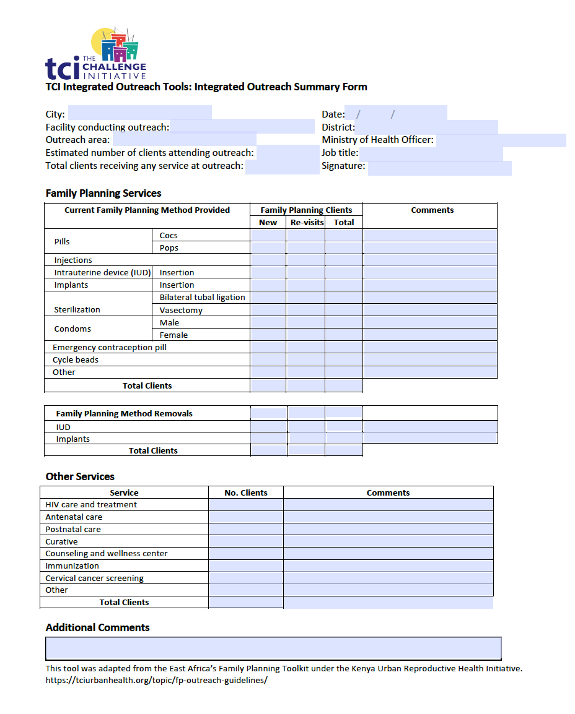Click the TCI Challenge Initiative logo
pyautogui.click(x=96, y=54)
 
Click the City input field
pyautogui.click(x=139, y=113)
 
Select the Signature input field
pyautogui.click(x=439, y=168)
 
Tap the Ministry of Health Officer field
pyautogui.click(x=501, y=140)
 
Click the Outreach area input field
pyautogui.click(x=184, y=140)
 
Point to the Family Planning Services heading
pyautogui.click(x=103, y=193)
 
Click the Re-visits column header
pyautogui.click(x=307, y=222)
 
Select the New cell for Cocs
pyautogui.click(x=268, y=235)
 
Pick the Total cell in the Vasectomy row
pyautogui.click(x=344, y=310)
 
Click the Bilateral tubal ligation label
pyautogui.click(x=202, y=297)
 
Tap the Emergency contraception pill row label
pyautogui.click(x=110, y=347)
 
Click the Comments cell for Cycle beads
pyautogui.click(x=430, y=359)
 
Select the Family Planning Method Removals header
pyautogui.click(x=124, y=413)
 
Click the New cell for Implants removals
pyautogui.click(x=269, y=439)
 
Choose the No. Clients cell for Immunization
pyautogui.click(x=246, y=566)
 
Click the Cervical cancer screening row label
pyautogui.click(x=94, y=578)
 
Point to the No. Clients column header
pyautogui.click(x=246, y=492)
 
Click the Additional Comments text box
pyautogui.click(x=273, y=648)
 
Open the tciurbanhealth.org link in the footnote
pyautogui.click(x=156, y=679)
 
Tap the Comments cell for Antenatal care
pyautogui.click(x=388, y=517)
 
